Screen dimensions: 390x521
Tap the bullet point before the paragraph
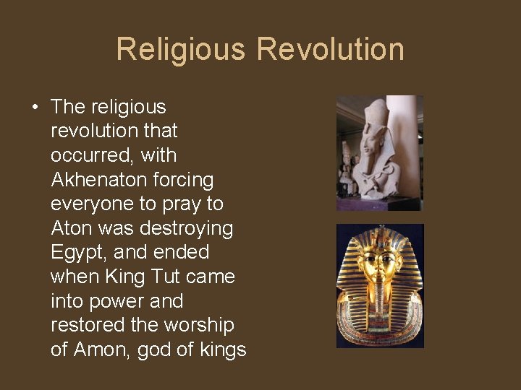[x=35, y=108]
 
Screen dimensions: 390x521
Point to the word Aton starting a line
[x=70, y=228]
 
